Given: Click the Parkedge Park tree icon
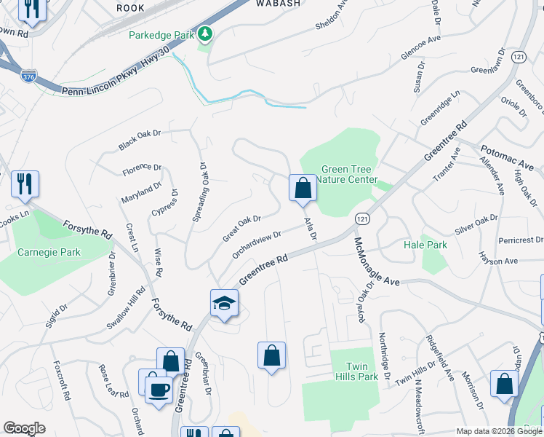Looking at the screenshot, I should (206, 34).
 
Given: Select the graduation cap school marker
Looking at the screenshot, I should (225, 302).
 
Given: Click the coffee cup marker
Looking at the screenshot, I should (159, 388).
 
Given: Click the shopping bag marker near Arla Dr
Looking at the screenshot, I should (303, 188).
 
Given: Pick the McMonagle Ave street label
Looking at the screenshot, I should (377, 261).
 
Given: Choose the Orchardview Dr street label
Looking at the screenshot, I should (257, 245).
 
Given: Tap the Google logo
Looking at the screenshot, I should (25, 428).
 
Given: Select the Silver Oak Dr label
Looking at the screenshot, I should (476, 224).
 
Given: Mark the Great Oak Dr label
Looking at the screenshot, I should (241, 228).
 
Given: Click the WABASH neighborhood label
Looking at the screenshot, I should (278, 4).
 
